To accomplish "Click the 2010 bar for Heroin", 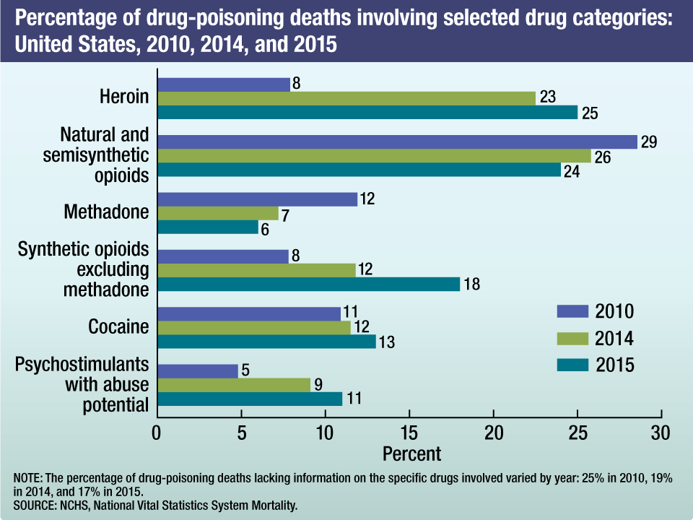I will pos(223,84).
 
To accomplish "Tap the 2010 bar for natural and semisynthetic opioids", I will pos(397,142).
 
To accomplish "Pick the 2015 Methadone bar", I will pos(207,227).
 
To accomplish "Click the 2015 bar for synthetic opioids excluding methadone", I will pos(308,284).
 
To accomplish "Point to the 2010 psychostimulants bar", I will pos(197,370).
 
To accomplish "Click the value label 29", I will pos(648,142).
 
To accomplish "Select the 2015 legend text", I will pos(615,365).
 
